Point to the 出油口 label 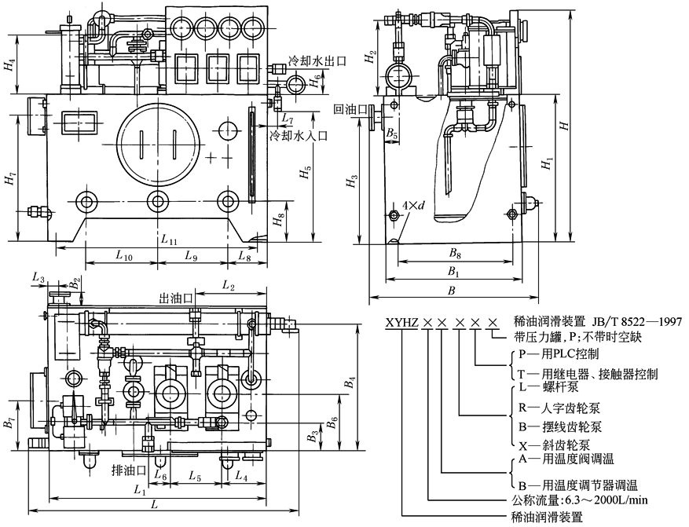click(x=177, y=298)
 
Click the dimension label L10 click(x=123, y=256)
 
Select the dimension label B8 click(x=453, y=253)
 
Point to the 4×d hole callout click(x=413, y=206)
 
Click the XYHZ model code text click(x=401, y=322)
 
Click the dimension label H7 click(x=10, y=180)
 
